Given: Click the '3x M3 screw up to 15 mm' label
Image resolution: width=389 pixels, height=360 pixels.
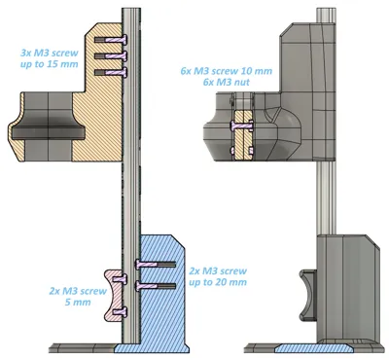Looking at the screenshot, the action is [x=50, y=58].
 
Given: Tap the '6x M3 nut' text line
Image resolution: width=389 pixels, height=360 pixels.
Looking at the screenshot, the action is [x=227, y=82].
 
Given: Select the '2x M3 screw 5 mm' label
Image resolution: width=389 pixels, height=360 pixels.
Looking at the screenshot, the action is [x=78, y=297].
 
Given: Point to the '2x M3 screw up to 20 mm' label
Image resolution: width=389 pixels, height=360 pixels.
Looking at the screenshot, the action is [x=218, y=276].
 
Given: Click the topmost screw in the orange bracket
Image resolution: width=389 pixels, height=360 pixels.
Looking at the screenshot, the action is [x=111, y=40].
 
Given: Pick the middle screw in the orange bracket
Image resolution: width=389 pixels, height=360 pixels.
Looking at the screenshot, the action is [x=111, y=55].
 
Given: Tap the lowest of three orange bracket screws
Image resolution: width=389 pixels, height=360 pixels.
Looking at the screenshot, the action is [x=111, y=72].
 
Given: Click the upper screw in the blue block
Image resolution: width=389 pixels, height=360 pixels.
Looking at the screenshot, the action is [x=156, y=265].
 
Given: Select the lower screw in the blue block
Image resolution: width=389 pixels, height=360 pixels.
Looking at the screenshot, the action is [x=156, y=286].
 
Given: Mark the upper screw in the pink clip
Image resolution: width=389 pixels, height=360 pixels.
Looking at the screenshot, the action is [x=120, y=278].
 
